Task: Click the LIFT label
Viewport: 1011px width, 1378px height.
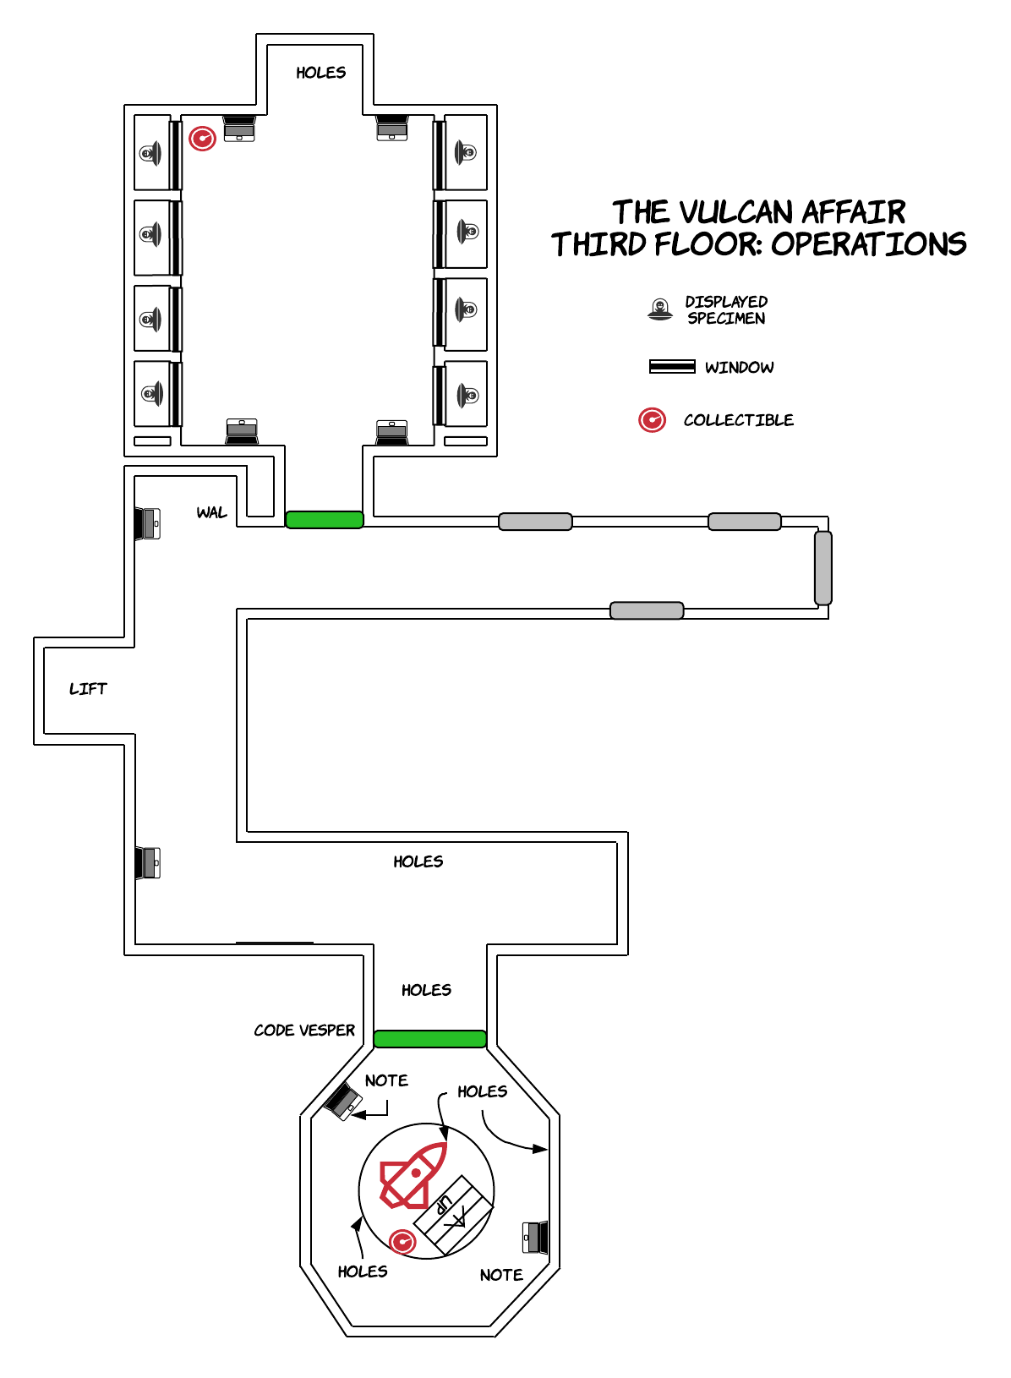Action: pyautogui.click(x=88, y=689)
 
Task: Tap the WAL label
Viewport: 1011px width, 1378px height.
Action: pyautogui.click(x=211, y=512)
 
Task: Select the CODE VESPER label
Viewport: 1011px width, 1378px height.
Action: pyautogui.click(x=304, y=1030)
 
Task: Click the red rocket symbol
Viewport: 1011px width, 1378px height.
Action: pyautogui.click(x=413, y=1174)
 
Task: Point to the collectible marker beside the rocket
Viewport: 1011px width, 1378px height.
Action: pyautogui.click(x=402, y=1241)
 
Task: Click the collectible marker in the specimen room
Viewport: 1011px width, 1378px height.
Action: pyautogui.click(x=202, y=138)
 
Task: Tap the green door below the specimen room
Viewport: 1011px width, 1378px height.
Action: pyautogui.click(x=325, y=520)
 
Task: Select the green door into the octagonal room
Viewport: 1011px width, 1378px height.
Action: pyautogui.click(x=429, y=1039)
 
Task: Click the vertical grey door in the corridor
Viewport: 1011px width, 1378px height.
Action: pyautogui.click(x=822, y=567)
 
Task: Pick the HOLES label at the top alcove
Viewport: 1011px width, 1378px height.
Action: pyautogui.click(x=320, y=73)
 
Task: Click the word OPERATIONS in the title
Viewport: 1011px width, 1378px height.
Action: pyautogui.click(x=868, y=244)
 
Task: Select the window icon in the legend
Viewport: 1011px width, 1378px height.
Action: pyautogui.click(x=671, y=366)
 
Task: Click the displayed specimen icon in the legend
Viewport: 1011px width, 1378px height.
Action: pyautogui.click(x=659, y=309)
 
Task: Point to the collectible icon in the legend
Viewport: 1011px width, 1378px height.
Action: pyautogui.click(x=652, y=419)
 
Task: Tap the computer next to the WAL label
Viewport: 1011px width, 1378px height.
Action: pyautogui.click(x=148, y=523)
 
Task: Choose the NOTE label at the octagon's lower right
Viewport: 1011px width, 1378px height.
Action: pyautogui.click(x=500, y=1275)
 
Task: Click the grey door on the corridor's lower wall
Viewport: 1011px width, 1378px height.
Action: pyautogui.click(x=647, y=610)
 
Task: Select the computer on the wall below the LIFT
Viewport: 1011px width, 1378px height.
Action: pyautogui.click(x=148, y=862)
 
